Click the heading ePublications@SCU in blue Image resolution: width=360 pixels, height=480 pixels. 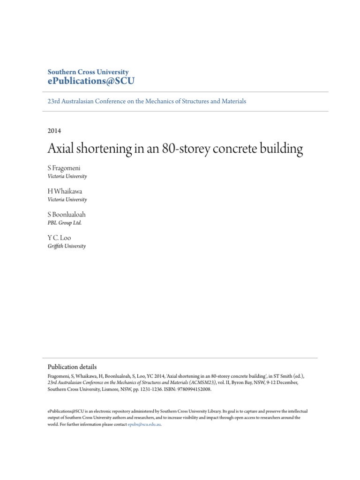[91, 81]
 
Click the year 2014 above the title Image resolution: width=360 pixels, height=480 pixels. [54, 131]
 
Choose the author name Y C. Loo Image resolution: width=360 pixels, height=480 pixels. [60, 238]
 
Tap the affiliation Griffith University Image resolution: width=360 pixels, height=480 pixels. [67, 246]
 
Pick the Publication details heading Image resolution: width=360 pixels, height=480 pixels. [72, 367]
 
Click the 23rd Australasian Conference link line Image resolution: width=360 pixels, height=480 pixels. [147, 101]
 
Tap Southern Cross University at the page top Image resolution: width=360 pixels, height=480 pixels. [88, 72]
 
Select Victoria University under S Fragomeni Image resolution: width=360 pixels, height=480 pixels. [67, 177]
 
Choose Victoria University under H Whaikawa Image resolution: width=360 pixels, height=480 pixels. [67, 200]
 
